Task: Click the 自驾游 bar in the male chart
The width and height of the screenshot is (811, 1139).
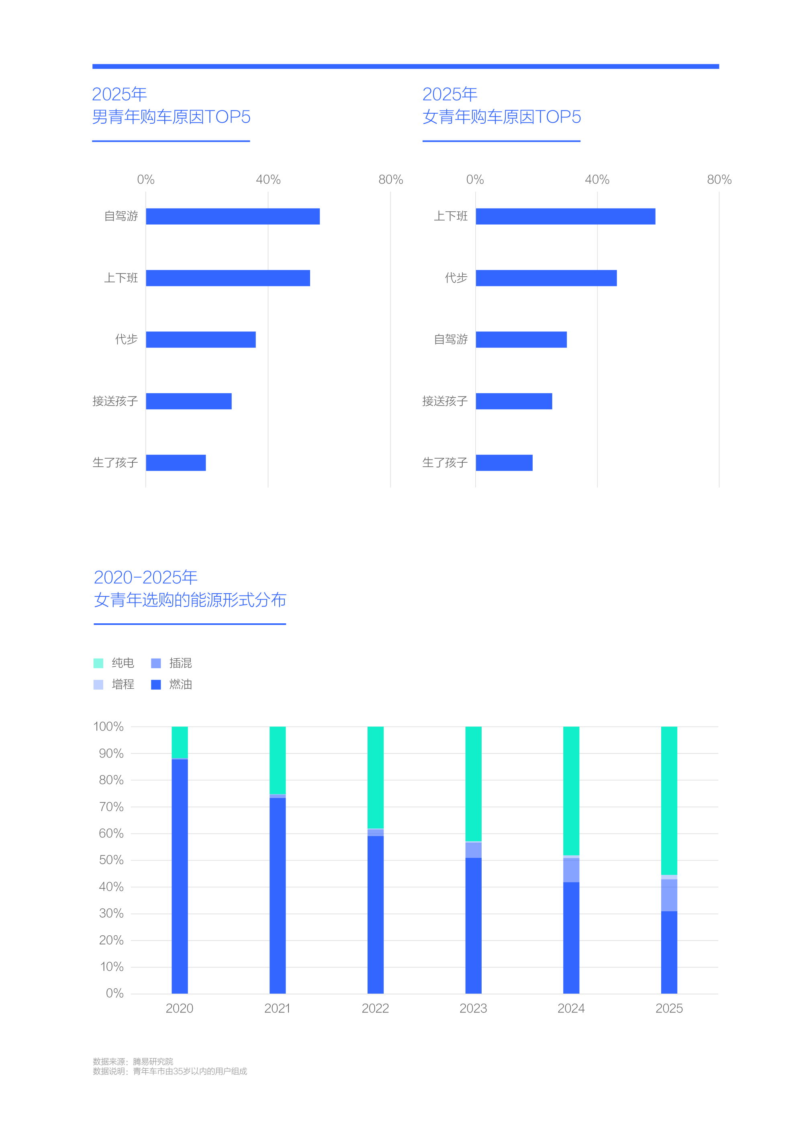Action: point(233,216)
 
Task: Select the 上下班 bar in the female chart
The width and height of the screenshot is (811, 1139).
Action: point(565,216)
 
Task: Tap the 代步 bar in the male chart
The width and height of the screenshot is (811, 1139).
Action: point(201,339)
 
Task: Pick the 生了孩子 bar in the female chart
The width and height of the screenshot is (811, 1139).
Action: point(504,463)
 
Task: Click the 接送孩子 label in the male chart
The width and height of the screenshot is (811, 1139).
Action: point(115,401)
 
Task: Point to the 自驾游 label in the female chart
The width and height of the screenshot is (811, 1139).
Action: point(450,339)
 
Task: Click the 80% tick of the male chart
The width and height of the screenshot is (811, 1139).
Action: point(390,180)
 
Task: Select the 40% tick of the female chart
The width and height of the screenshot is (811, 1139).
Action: point(597,180)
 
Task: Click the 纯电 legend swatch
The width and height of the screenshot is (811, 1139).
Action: point(98,663)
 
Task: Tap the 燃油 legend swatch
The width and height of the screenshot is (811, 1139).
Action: point(156,685)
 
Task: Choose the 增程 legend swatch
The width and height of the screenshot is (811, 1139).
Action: point(98,685)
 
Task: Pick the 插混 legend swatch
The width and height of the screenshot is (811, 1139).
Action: point(156,663)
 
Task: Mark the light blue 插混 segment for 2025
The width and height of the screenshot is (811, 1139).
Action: point(669,895)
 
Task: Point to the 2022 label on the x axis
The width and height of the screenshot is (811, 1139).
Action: point(375,1008)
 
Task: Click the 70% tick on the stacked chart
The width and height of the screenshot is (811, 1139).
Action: point(111,806)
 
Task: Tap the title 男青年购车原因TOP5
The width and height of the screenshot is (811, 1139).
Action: point(171,117)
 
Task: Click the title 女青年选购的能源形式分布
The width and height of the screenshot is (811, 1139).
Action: point(190,600)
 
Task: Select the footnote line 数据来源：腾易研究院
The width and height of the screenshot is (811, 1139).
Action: point(133,1061)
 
